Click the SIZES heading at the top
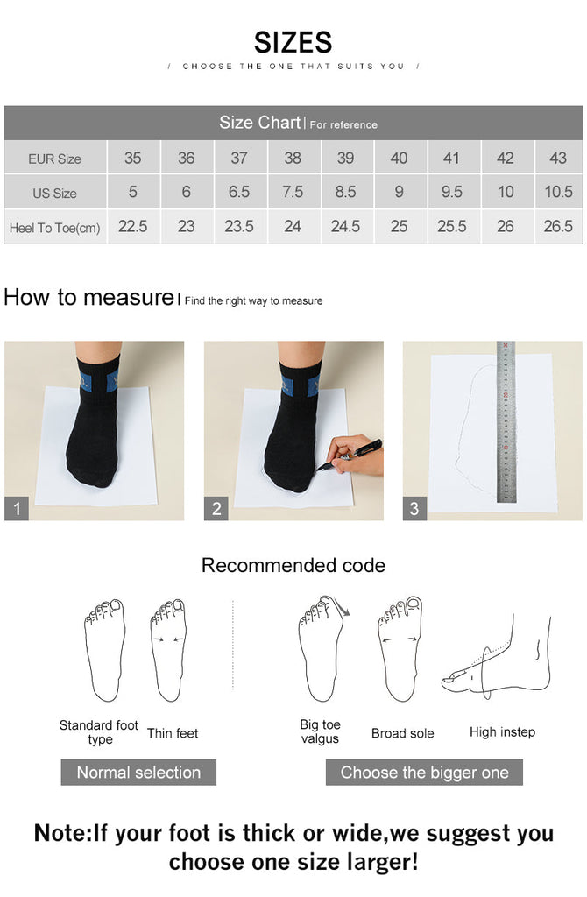pyautogui.click(x=293, y=42)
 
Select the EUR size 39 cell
pyautogui.click(x=345, y=158)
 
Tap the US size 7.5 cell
pyautogui.click(x=293, y=192)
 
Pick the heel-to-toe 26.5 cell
pyautogui.click(x=557, y=226)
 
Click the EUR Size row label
pyautogui.click(x=54, y=159)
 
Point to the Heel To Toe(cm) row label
pyautogui.click(x=54, y=228)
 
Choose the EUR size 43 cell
pyautogui.click(x=557, y=158)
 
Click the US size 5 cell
pyautogui.click(x=132, y=192)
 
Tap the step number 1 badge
pyautogui.click(x=17, y=508)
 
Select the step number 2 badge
pyautogui.click(x=216, y=508)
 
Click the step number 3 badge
pyautogui.click(x=414, y=508)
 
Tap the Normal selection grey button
pyautogui.click(x=138, y=773)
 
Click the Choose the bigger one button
pyautogui.click(x=424, y=773)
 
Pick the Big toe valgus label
pyautogui.click(x=320, y=731)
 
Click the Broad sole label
pyautogui.click(x=402, y=733)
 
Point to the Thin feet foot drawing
pyautogui.click(x=169, y=648)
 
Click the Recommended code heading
pyautogui.click(x=293, y=565)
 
